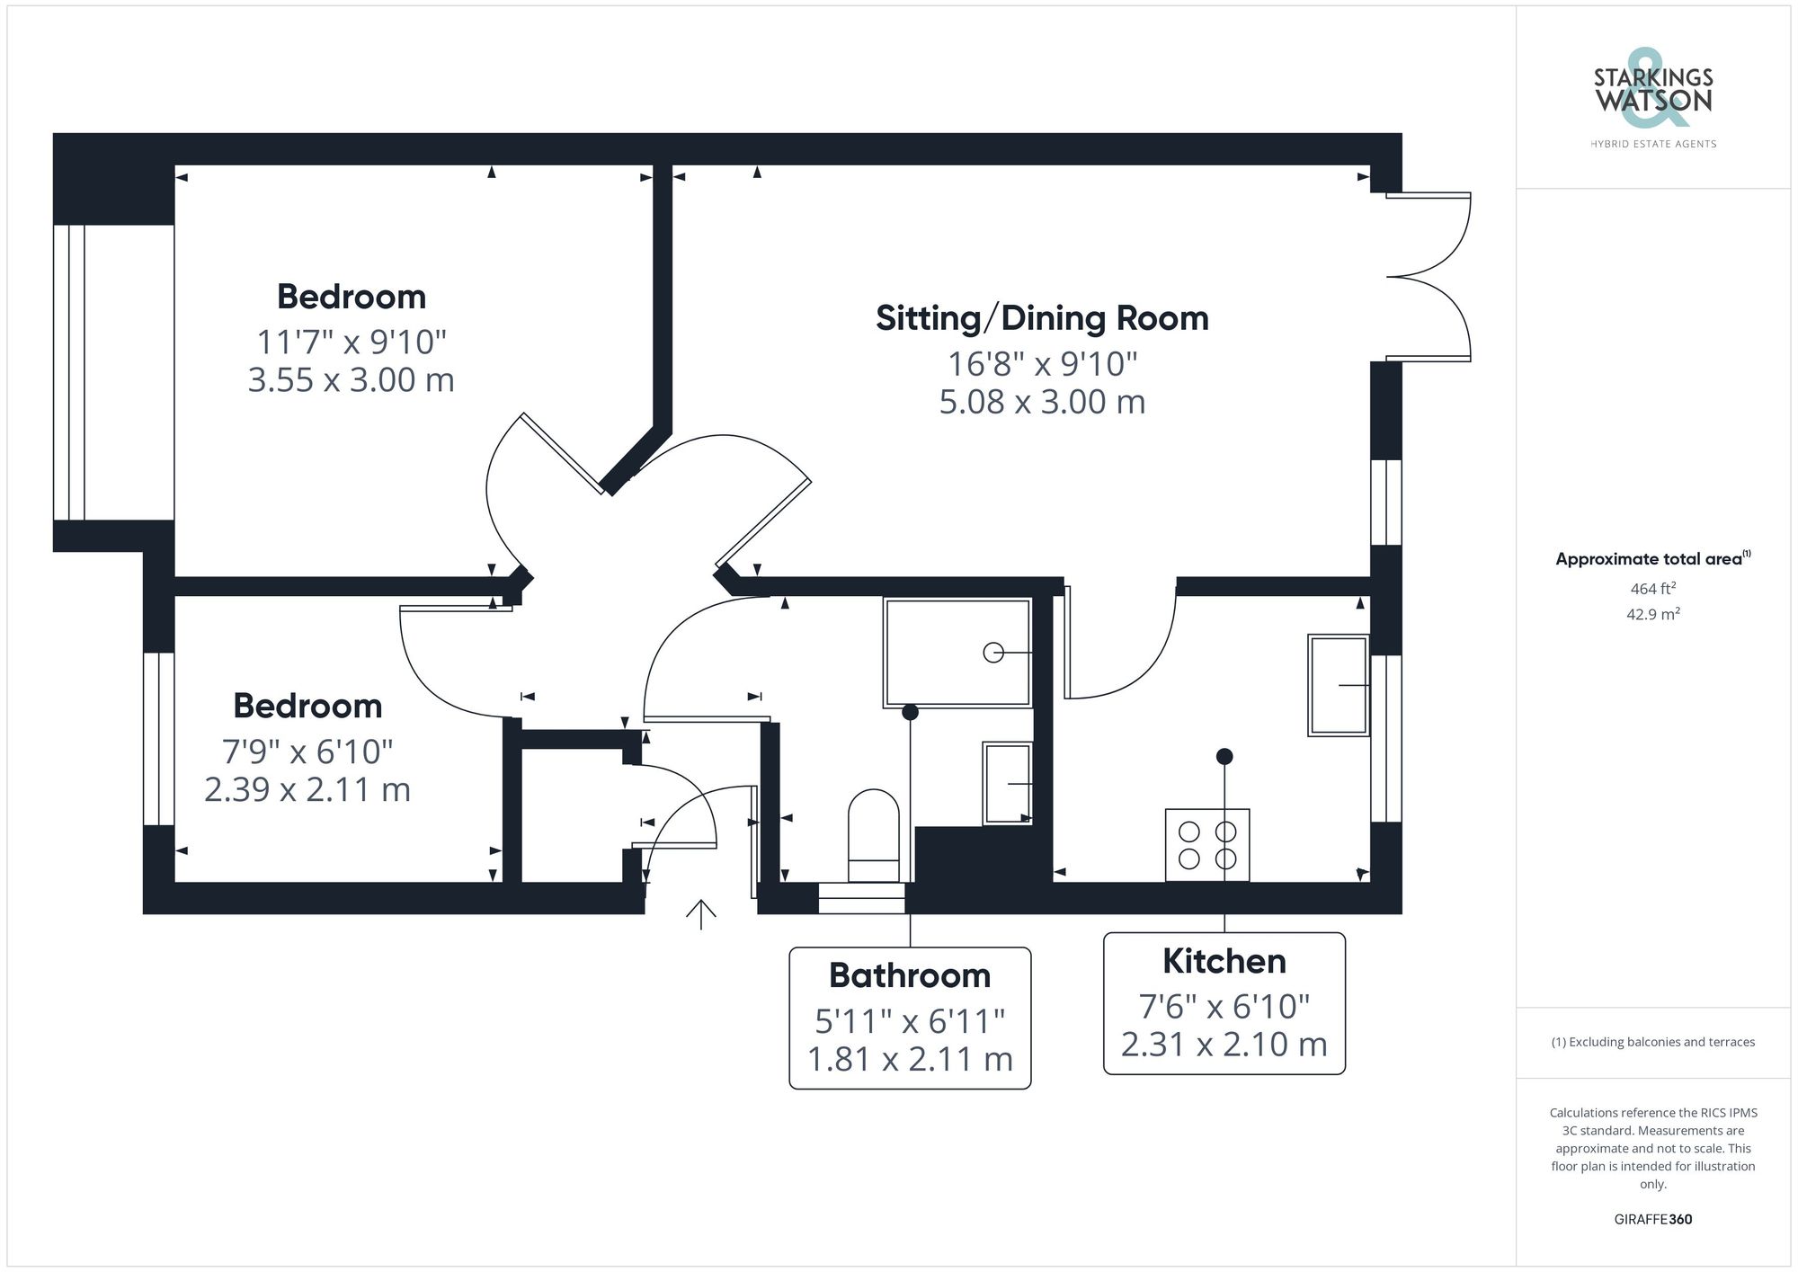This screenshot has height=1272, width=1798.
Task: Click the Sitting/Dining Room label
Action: click(1042, 318)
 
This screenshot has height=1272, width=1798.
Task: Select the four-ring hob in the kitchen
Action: click(1206, 845)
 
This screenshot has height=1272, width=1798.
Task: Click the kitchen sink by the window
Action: click(1339, 685)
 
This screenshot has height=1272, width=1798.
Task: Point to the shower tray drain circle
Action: click(993, 653)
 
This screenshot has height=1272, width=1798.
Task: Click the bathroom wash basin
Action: click(1007, 783)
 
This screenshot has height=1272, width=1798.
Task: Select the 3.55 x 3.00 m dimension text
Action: click(351, 380)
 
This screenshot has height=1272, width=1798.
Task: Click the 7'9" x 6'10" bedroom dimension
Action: click(307, 752)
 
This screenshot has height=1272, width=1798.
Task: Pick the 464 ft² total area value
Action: click(1652, 589)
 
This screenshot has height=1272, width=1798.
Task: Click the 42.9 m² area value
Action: click(1652, 615)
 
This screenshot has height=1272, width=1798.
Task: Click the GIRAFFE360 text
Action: click(1652, 1220)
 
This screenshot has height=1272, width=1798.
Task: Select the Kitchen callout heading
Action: click(1224, 961)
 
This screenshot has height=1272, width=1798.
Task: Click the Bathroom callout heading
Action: click(909, 975)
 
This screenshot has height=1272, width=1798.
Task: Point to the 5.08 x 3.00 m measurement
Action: click(1042, 402)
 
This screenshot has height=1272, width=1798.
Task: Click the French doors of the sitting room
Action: click(1429, 277)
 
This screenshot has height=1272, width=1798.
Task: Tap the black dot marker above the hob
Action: click(1224, 757)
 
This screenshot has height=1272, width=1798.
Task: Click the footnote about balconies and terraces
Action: click(1652, 1043)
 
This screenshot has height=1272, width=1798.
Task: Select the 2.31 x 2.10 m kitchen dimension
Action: click(1224, 1045)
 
